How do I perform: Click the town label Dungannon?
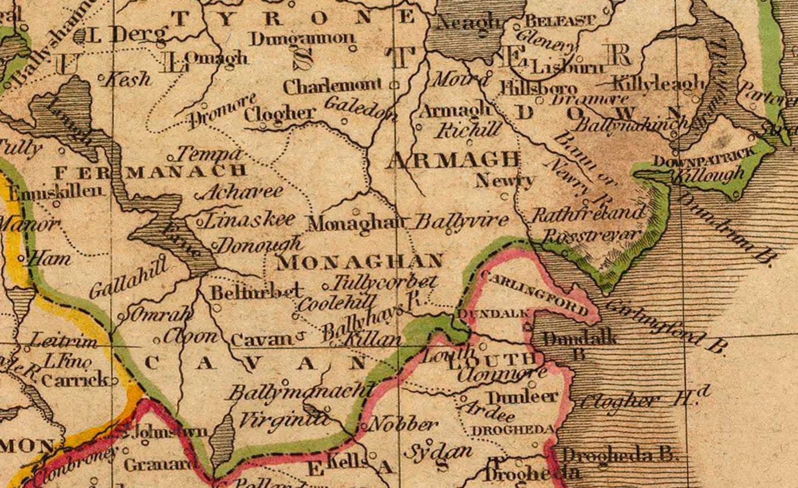click(302, 39)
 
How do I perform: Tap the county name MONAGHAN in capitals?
click(360, 262)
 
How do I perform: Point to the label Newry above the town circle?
click(504, 180)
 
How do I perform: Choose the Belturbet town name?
click(256, 292)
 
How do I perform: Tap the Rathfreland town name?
click(588, 214)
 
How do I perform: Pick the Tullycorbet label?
click(384, 282)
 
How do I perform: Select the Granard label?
click(160, 465)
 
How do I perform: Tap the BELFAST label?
click(560, 21)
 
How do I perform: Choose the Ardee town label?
click(487, 411)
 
